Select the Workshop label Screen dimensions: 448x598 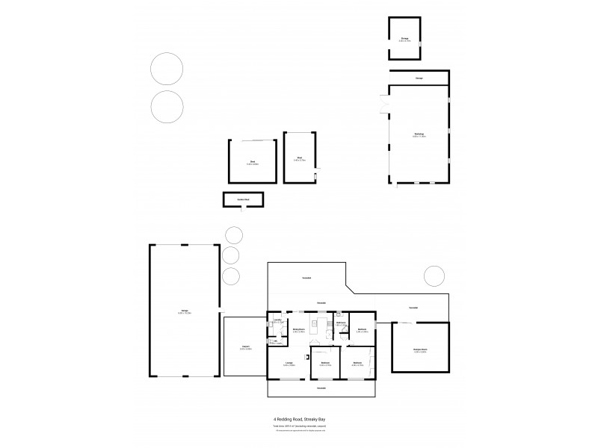[419, 135]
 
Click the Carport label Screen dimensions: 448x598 [245, 346]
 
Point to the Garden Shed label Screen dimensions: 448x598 [242, 199]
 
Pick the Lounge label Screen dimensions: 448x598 [289, 364]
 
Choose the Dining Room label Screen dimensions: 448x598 [298, 329]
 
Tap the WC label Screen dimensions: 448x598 [274, 342]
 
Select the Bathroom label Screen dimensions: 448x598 [340, 323]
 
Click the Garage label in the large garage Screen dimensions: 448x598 [184, 312]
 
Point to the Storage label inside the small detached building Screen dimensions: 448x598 [404, 38]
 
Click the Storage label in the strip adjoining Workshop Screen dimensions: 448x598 [419, 78]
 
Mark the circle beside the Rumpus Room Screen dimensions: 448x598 [434, 276]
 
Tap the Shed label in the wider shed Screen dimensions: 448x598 [253, 162]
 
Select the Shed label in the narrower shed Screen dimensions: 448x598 [299, 158]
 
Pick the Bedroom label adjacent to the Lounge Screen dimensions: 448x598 [324, 364]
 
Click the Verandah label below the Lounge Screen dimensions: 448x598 [321, 388]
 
